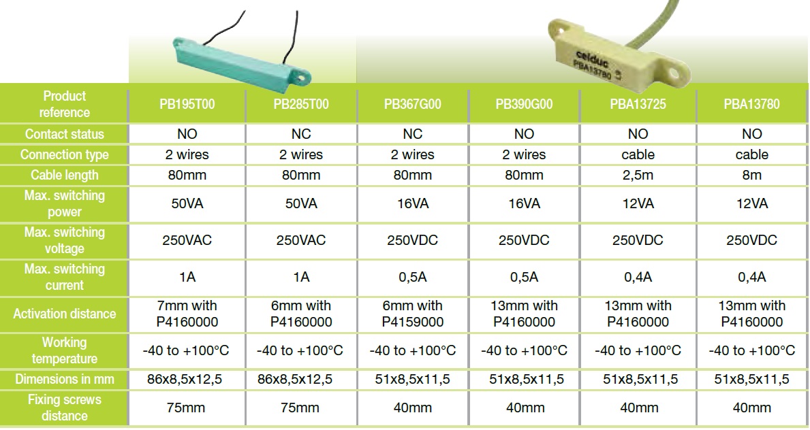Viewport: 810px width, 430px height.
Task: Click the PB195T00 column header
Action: pos(187,104)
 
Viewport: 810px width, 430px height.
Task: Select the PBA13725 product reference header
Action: pos(638,104)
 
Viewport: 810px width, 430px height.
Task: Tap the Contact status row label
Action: pos(65,134)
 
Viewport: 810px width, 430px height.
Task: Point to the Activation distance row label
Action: pos(65,314)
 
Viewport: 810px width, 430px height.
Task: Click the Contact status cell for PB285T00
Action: pos(301,134)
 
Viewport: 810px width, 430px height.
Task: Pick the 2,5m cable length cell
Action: pos(638,175)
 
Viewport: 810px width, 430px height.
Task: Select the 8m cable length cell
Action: pos(752,175)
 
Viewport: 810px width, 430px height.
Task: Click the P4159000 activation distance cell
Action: pos(413,314)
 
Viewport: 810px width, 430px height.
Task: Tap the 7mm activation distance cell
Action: pos(187,314)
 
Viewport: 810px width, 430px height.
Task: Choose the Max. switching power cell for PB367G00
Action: pos(413,204)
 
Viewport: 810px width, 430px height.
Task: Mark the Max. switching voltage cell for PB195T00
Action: pos(187,241)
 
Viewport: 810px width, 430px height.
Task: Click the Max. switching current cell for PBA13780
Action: pos(752,277)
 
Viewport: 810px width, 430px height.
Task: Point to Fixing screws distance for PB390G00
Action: pos(525,408)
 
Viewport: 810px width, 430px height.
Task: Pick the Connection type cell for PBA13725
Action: pos(638,155)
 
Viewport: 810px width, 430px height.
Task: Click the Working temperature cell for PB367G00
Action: pos(413,351)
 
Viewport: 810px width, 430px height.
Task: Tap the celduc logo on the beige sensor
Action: pos(592,58)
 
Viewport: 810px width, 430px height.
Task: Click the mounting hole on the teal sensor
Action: pos(301,78)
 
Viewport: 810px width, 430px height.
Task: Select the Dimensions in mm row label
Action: pos(65,380)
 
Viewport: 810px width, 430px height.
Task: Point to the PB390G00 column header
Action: pos(525,104)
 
